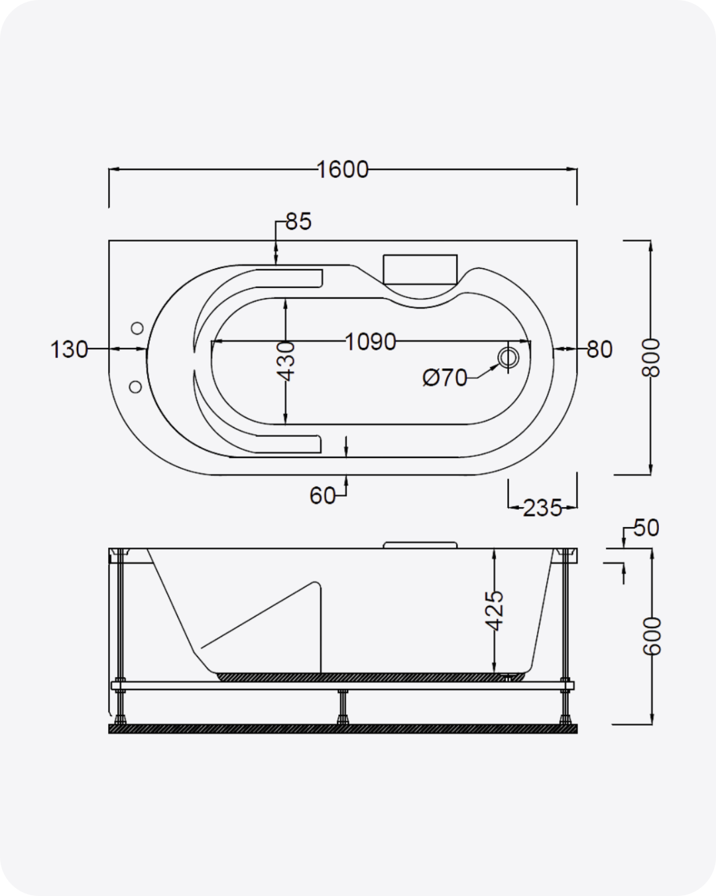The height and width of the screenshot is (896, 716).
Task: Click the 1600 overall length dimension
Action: (x=342, y=170)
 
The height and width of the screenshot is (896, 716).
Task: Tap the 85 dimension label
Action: (x=299, y=222)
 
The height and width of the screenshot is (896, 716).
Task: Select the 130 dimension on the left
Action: (x=69, y=349)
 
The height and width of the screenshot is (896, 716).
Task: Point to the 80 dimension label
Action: (x=599, y=349)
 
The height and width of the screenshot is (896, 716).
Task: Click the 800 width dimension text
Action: (x=651, y=358)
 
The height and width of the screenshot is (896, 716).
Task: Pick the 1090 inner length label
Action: (x=371, y=342)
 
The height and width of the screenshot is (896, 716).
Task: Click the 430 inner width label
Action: (x=286, y=362)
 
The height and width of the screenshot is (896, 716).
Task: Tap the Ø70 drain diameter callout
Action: (x=445, y=378)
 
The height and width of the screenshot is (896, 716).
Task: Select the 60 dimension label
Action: (x=322, y=496)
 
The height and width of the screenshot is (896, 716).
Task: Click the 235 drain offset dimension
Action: (x=542, y=508)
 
